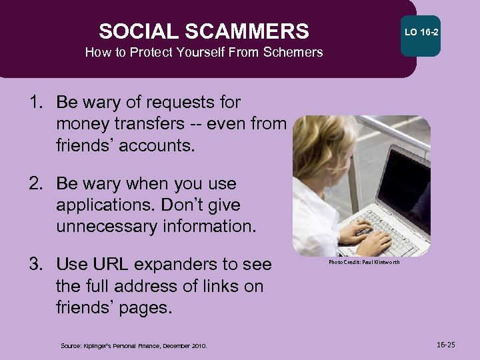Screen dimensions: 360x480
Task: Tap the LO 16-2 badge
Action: click(421, 32)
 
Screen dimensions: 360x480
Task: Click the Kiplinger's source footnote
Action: click(134, 345)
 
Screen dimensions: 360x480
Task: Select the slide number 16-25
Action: click(447, 345)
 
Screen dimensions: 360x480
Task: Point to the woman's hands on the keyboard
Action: click(363, 237)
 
